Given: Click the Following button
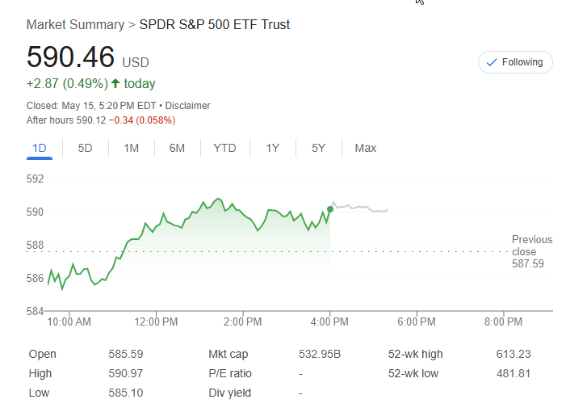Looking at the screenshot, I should (x=515, y=62).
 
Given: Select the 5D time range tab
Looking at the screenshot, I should (x=85, y=148).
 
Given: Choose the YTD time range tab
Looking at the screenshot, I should (x=224, y=148).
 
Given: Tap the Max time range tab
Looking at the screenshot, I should (x=365, y=148).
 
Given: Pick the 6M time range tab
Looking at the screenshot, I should (x=177, y=148).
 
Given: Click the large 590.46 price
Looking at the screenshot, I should (x=70, y=59).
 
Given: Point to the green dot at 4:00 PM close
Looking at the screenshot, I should (x=330, y=209).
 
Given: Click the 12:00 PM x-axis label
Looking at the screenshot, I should (x=156, y=322).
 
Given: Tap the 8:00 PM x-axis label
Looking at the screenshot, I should (x=503, y=322).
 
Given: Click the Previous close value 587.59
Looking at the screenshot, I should (x=527, y=264).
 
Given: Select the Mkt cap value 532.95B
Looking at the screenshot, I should (x=318, y=354).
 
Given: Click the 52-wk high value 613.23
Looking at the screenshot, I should (x=513, y=354).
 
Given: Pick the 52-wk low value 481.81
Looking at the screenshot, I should (x=513, y=373).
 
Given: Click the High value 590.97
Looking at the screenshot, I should (x=125, y=373).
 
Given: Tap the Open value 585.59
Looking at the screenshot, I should (x=125, y=354).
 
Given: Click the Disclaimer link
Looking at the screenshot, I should (x=188, y=106).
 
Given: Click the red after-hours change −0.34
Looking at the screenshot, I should (x=120, y=120).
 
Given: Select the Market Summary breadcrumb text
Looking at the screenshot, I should (x=75, y=24).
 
